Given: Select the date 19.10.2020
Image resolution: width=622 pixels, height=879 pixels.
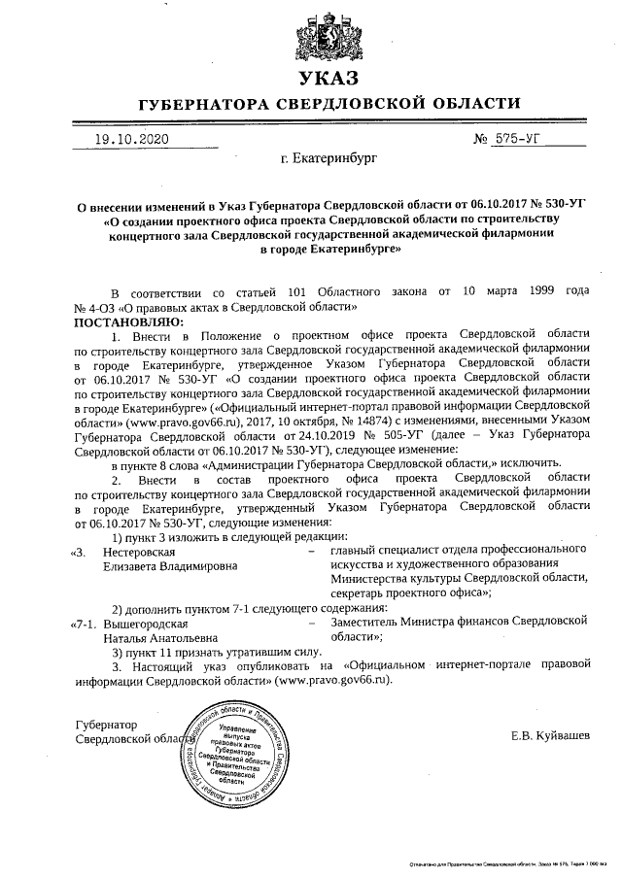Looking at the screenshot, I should pos(131,139).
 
